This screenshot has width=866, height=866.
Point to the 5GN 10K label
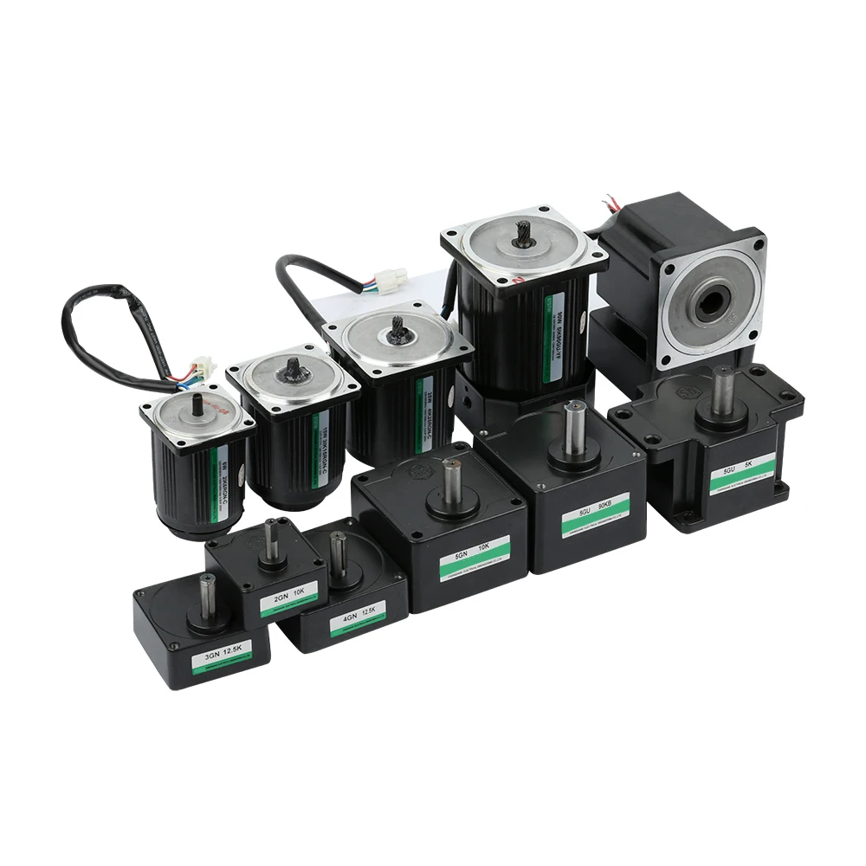click(x=474, y=559)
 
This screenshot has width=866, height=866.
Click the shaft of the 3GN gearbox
click(x=206, y=596)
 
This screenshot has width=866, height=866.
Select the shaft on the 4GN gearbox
click(x=337, y=552)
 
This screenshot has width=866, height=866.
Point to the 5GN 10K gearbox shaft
click(x=450, y=481)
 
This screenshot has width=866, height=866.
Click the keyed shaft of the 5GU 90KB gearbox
click(x=570, y=426)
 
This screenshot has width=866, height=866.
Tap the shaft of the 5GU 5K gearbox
click(x=722, y=389)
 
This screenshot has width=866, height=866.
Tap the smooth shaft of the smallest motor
click(x=197, y=404)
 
